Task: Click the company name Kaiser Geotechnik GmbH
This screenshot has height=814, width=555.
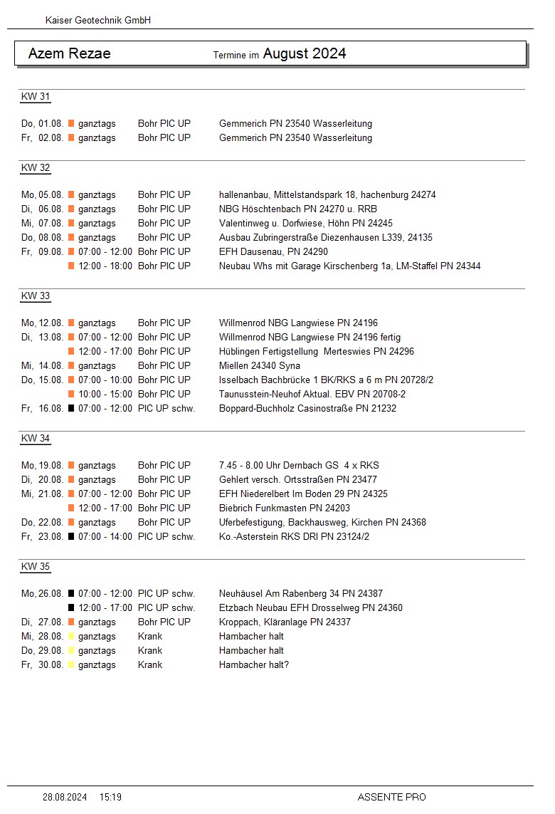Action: click(x=97, y=21)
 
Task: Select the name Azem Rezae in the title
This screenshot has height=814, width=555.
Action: click(x=69, y=53)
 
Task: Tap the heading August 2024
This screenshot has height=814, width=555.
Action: click(x=305, y=53)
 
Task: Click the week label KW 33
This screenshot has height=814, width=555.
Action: click(x=36, y=296)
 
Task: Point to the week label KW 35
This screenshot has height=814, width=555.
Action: click(x=36, y=567)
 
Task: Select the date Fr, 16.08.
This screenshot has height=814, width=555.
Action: click(x=43, y=409)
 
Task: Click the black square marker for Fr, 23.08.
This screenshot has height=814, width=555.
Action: click(x=71, y=537)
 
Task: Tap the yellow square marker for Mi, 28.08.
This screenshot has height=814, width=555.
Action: click(x=71, y=637)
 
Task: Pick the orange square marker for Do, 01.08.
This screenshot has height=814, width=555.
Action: click(x=71, y=124)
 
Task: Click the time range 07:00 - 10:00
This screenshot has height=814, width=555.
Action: click(x=105, y=380)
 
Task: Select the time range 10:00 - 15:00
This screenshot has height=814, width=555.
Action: click(x=105, y=395)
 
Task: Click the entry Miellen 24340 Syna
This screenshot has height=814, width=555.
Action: click(x=260, y=366)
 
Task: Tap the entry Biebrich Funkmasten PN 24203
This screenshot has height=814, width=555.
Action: click(x=285, y=508)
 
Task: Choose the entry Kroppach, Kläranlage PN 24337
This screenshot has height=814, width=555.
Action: click(x=285, y=622)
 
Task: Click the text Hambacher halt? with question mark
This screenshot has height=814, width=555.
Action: click(x=254, y=665)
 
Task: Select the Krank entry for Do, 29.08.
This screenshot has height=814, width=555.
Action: click(x=150, y=651)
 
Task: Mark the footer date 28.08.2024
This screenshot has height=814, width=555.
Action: click(x=65, y=797)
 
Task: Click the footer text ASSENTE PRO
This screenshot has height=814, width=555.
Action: click(x=391, y=797)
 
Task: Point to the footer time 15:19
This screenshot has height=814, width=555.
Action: click(x=110, y=797)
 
